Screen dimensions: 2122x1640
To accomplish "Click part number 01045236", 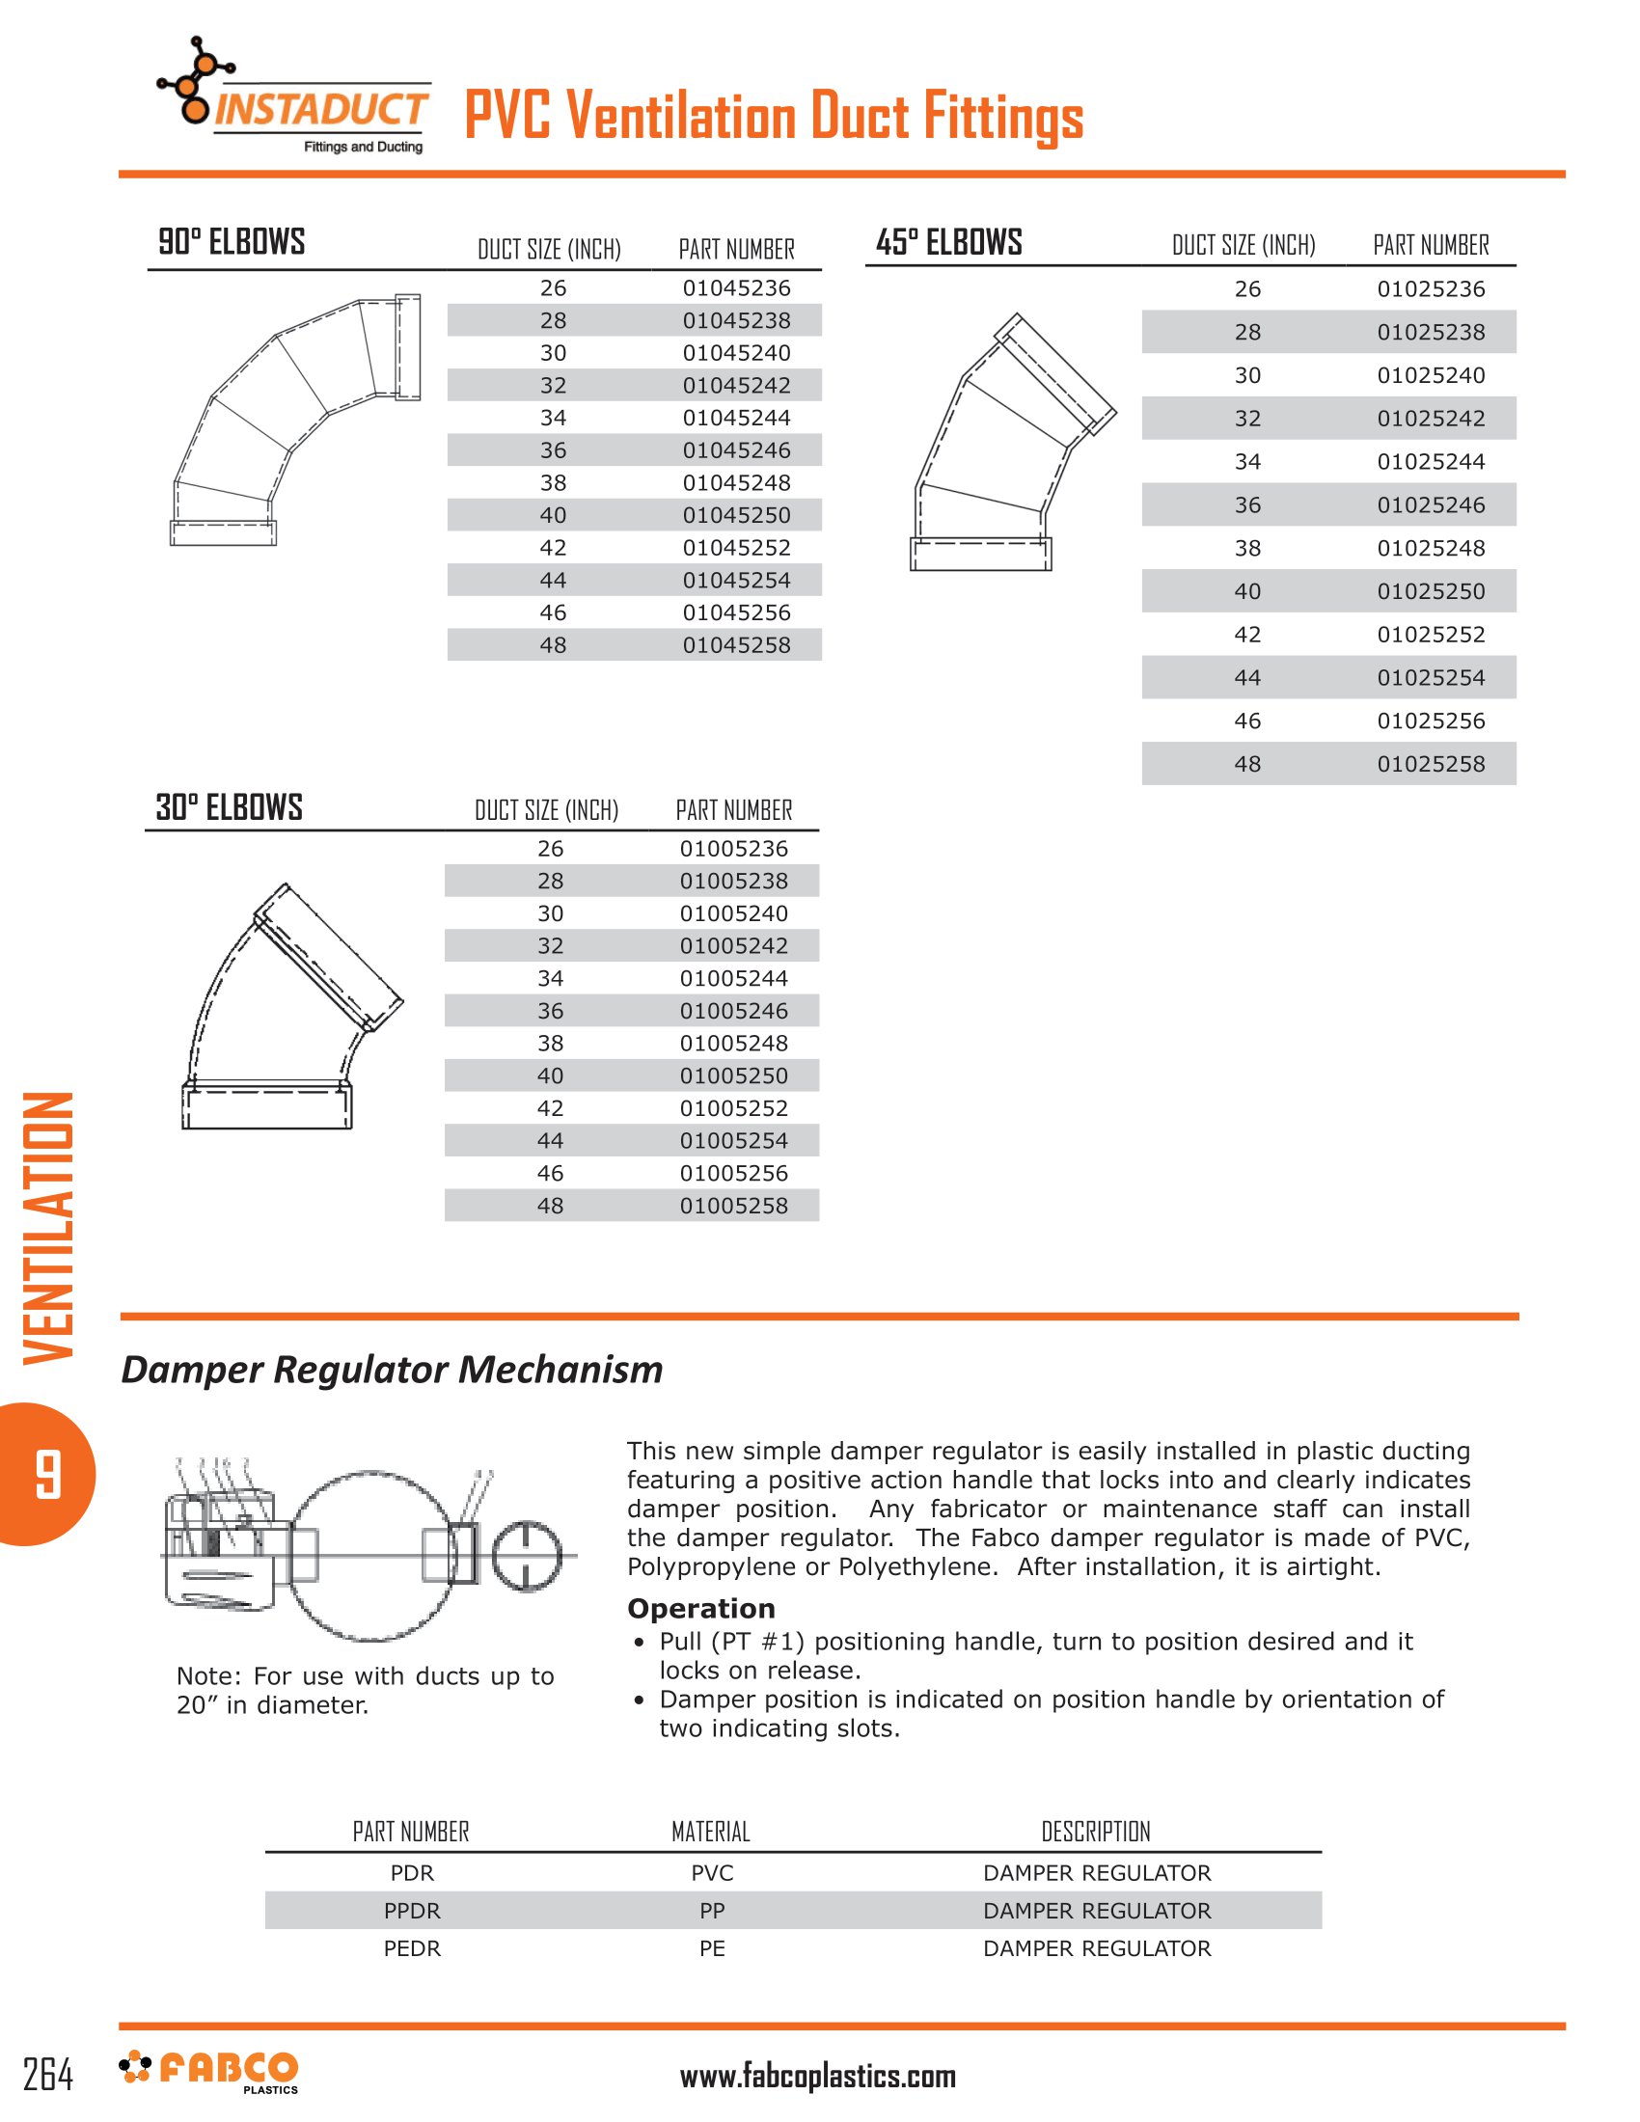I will [x=735, y=287].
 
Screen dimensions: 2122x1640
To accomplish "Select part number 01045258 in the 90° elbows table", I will [x=735, y=645].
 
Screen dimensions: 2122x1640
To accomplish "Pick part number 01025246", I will [x=1430, y=505].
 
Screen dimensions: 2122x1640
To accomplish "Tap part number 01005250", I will [x=733, y=1075].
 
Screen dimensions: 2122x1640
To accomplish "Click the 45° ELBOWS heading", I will [x=948, y=242].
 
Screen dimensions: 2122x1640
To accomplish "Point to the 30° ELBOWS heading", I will [x=230, y=807].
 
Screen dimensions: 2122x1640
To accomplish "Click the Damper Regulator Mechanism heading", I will [x=392, y=1369].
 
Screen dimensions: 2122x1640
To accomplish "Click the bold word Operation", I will [x=700, y=1608].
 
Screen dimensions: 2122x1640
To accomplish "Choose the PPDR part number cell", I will [x=412, y=1910].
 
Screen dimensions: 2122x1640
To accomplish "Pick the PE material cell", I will [x=711, y=1948].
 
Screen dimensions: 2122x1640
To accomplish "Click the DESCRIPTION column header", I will [x=1095, y=1832].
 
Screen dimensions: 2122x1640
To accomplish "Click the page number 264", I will [x=47, y=2076].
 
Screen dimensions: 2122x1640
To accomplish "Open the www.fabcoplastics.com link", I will [x=817, y=2078].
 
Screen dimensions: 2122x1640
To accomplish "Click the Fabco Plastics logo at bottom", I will [x=209, y=2072].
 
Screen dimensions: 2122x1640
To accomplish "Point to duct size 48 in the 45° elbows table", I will [x=1247, y=764].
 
